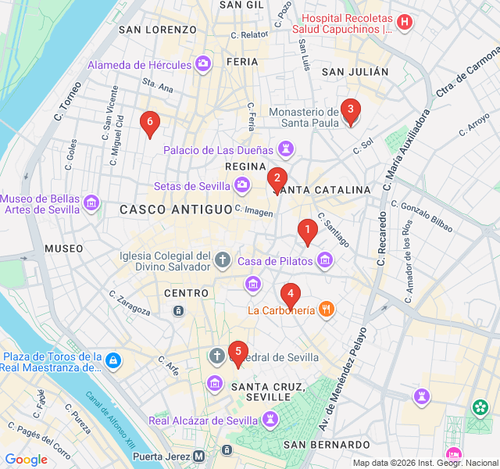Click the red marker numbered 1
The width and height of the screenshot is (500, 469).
click(x=307, y=231)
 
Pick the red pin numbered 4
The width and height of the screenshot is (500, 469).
click(x=290, y=295)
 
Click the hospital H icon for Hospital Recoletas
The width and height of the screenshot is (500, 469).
click(x=404, y=22)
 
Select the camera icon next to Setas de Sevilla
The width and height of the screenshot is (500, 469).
click(x=243, y=185)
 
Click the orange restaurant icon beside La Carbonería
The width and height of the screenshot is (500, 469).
click(x=327, y=310)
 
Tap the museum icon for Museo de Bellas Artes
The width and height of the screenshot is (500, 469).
click(x=92, y=203)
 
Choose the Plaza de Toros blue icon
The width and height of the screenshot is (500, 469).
click(x=114, y=360)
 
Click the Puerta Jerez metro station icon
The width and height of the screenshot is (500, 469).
click(x=199, y=456)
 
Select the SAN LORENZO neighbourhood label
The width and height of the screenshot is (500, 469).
click(x=157, y=30)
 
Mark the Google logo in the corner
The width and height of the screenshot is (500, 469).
click(x=26, y=459)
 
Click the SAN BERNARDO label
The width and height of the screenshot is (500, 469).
click(x=320, y=445)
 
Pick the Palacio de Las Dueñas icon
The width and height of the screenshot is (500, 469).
click(x=287, y=149)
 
